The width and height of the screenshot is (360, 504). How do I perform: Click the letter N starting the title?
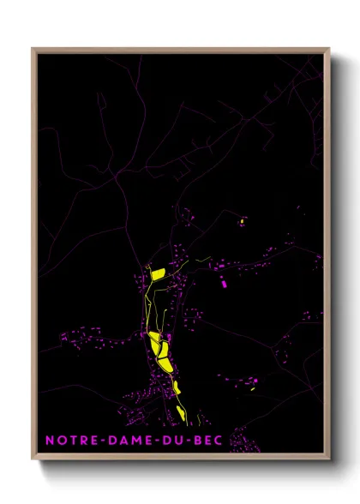50,440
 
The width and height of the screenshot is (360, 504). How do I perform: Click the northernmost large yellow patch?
157,273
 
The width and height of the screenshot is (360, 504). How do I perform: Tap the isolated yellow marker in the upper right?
243,220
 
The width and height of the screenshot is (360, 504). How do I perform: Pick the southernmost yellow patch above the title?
182,415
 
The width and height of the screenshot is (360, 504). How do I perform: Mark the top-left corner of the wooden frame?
33,50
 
